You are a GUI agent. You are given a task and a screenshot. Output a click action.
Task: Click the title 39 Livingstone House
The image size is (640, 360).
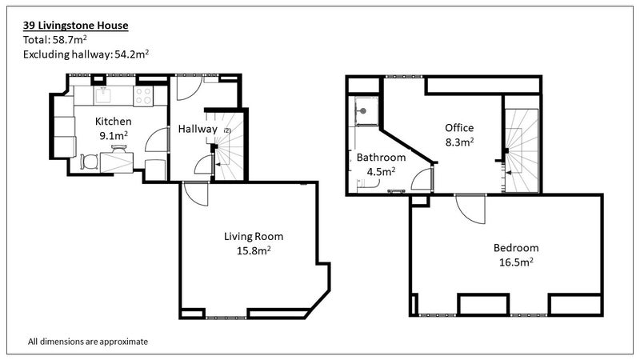[x=75, y=26]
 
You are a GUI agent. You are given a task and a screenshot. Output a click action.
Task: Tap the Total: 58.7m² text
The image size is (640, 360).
[x=54, y=39]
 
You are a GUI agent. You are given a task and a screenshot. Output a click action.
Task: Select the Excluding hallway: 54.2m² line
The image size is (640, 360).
[x=86, y=54]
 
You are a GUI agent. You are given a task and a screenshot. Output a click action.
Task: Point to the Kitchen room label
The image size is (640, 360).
[x=113, y=122]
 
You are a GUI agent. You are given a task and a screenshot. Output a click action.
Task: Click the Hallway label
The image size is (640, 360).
[x=198, y=130]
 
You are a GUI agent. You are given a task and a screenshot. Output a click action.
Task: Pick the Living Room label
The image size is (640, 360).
[x=254, y=236]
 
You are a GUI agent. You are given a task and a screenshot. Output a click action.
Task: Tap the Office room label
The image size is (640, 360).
[x=459, y=128]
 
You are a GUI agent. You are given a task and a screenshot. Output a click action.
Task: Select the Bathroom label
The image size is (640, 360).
[x=382, y=157]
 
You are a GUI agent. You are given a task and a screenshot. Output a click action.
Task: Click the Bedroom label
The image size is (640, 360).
[x=516, y=248]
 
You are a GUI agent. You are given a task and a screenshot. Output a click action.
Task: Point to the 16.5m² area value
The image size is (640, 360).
[x=516, y=262]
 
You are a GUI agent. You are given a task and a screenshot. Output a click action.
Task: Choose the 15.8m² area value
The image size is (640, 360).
[x=254, y=250]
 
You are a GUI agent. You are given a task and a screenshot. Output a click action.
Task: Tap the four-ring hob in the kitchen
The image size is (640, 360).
[x=143, y=96]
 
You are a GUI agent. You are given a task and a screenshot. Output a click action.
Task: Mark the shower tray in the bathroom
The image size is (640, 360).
[x=366, y=110]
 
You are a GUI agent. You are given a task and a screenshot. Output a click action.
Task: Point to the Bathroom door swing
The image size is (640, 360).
[x=422, y=179]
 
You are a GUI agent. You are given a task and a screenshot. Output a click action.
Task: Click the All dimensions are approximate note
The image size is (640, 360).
[x=88, y=342]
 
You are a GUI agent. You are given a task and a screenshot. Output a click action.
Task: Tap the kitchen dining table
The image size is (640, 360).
[x=117, y=162]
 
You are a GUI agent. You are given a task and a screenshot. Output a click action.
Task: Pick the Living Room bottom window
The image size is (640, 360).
[x=226, y=317]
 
